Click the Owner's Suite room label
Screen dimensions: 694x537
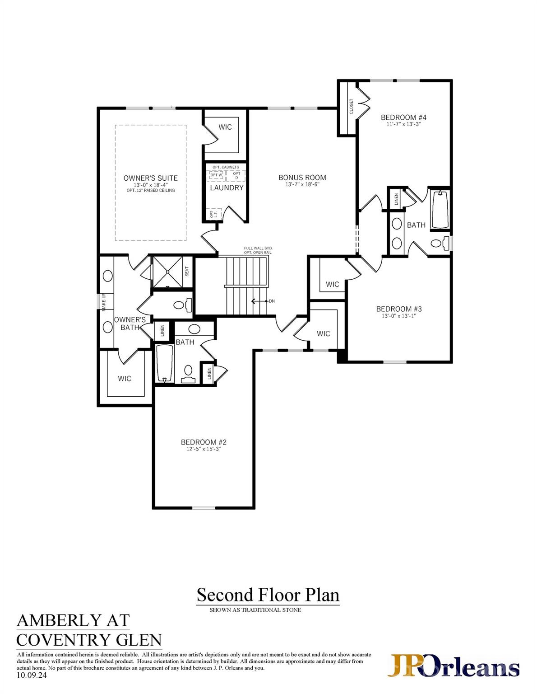pyautogui.click(x=150, y=178)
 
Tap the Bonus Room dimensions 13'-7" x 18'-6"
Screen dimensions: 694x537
pyautogui.click(x=302, y=184)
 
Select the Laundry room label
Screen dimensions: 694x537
pyautogui.click(x=227, y=188)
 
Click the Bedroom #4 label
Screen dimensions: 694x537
pyautogui.click(x=404, y=117)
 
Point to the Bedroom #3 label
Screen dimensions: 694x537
pyautogui.click(x=398, y=309)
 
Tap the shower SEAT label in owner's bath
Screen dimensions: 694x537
pyautogui.click(x=187, y=272)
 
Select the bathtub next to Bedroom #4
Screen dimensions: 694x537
pyautogui.click(x=440, y=210)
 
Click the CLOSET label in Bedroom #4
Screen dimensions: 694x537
pyautogui.click(x=352, y=107)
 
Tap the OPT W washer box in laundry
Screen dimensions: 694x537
pyautogui.click(x=216, y=175)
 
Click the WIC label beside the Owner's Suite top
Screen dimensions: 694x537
pyautogui.click(x=225, y=127)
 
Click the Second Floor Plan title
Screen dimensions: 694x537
pyautogui.click(x=268, y=595)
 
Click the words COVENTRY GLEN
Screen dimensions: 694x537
pyautogui.click(x=89, y=640)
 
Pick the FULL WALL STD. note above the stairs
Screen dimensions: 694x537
pyautogui.click(x=258, y=249)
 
